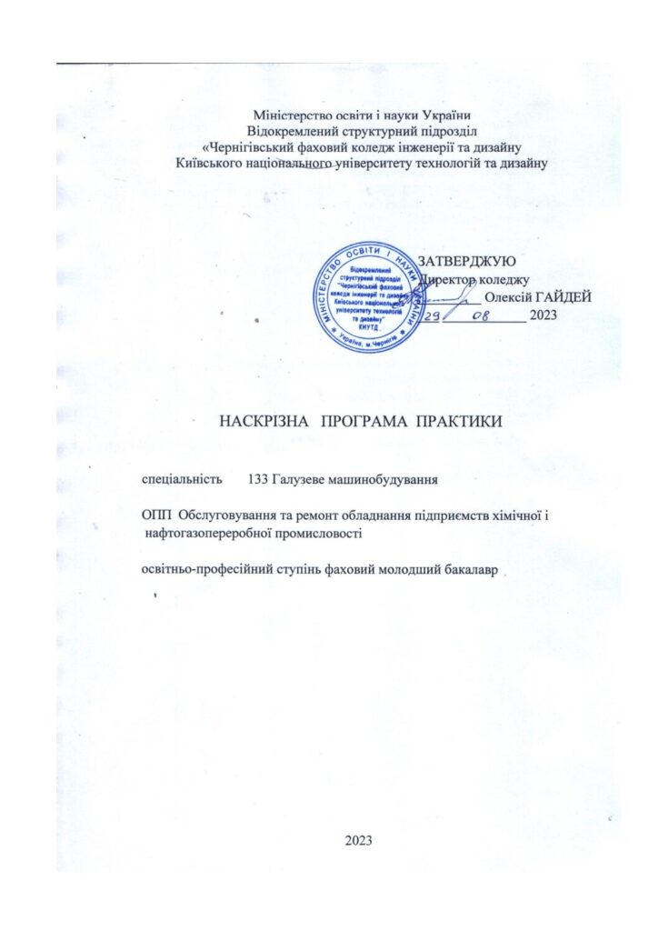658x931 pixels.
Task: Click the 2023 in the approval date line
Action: pos(542,315)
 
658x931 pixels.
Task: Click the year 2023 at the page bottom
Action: pos(359,838)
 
